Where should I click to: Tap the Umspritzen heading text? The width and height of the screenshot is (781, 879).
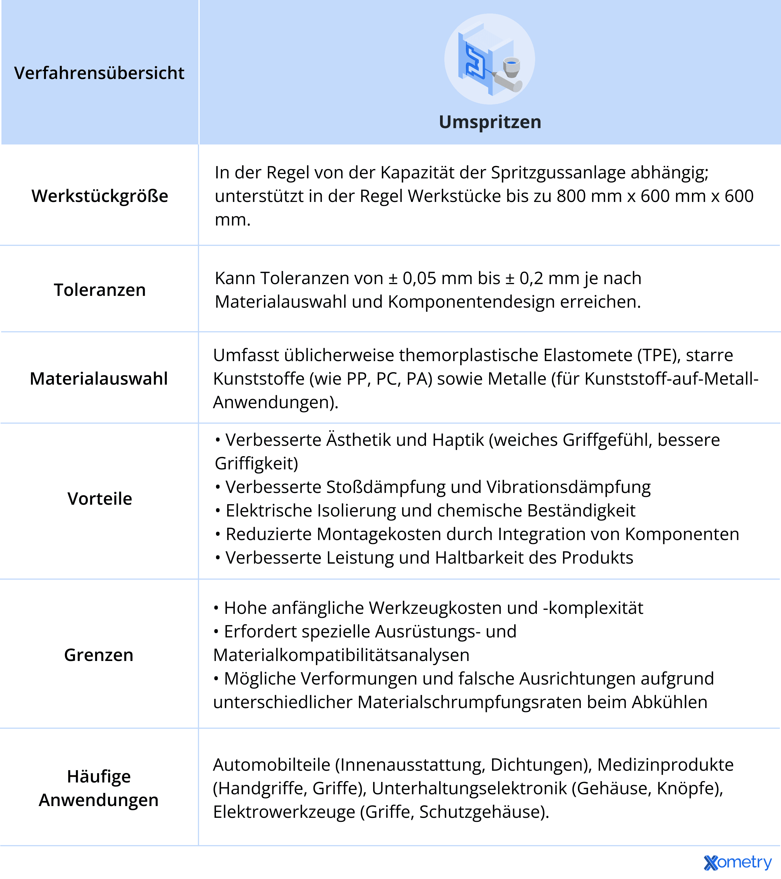[x=490, y=122]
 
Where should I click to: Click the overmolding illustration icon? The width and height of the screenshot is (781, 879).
[x=489, y=59]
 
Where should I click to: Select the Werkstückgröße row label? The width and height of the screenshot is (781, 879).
[x=100, y=196]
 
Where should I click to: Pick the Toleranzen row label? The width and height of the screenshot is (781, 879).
[x=100, y=290]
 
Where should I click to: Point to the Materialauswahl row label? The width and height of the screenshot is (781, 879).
[x=99, y=379]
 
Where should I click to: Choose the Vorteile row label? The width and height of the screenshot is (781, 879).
[x=100, y=499]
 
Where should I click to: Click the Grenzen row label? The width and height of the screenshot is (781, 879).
[x=99, y=655]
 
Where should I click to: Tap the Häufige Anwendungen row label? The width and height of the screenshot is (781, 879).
[x=99, y=788]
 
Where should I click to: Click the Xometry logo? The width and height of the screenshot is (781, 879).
[x=738, y=862]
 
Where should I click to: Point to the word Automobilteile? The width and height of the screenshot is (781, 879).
[x=272, y=765]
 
